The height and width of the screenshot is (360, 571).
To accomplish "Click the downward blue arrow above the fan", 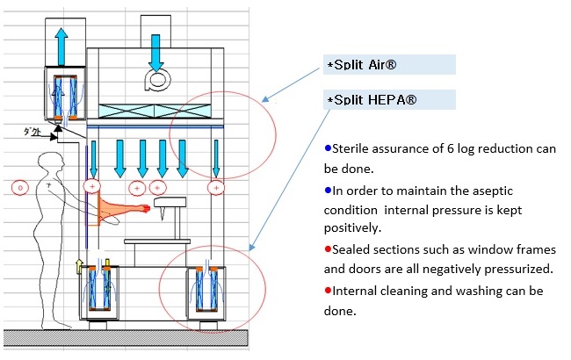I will pos(155,52).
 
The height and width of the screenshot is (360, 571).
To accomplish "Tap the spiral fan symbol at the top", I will pos(155,80).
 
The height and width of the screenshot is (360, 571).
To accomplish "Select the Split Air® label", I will pos(358,65).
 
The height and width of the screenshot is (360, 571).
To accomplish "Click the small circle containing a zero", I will pos(21,187).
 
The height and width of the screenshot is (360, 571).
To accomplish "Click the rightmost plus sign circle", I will pos(215,187).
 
